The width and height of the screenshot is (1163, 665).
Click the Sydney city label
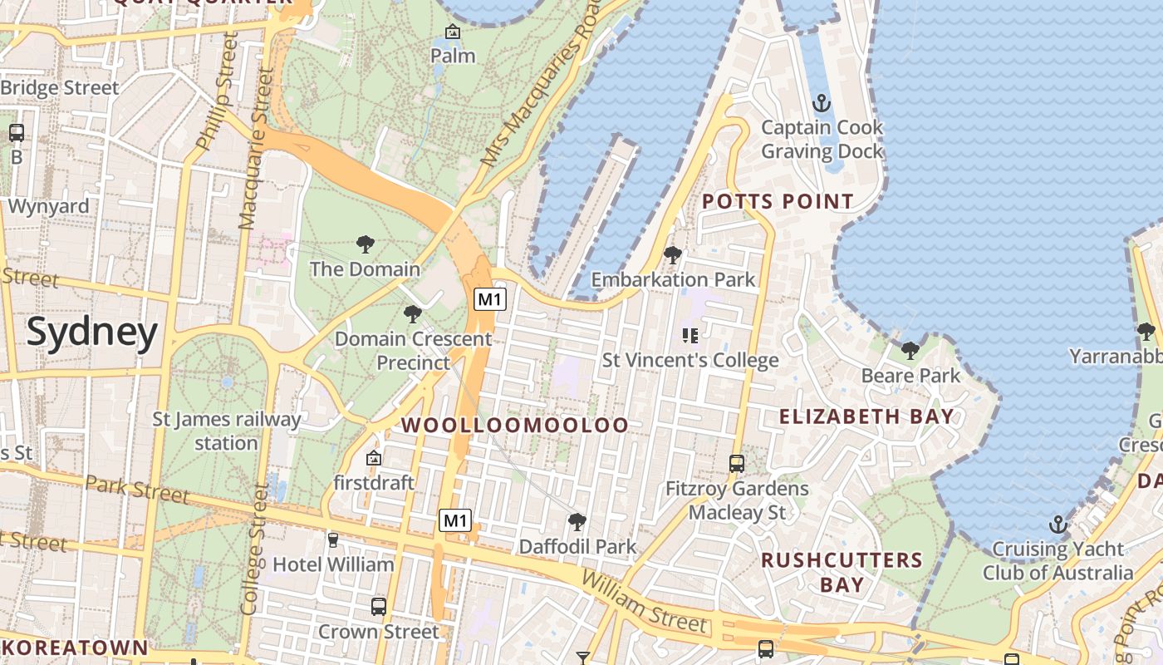pyautogui.click(x=91, y=332)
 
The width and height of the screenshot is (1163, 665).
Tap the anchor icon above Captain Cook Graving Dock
pyautogui.click(x=821, y=104)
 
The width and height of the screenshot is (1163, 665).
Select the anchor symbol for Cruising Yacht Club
pyautogui.click(x=1057, y=525)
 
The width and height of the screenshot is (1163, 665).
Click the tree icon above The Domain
pyautogui.click(x=365, y=244)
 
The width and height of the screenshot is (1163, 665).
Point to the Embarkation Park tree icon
pyautogui.click(x=673, y=255)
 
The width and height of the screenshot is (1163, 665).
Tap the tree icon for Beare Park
pyautogui.click(x=910, y=351)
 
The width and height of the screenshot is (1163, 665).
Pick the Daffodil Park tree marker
pyautogui.click(x=577, y=522)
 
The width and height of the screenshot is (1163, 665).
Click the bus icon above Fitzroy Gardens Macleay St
pyautogui.click(x=737, y=464)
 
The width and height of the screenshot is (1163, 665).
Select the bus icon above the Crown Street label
pyautogui.click(x=379, y=607)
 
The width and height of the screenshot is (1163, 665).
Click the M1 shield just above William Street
pyautogui.click(x=455, y=521)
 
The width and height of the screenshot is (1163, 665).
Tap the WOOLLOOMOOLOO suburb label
pyautogui.click(x=515, y=426)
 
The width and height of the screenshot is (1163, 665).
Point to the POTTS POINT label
pyautogui.click(x=778, y=201)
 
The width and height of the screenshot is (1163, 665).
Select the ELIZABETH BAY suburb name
pyautogui.click(x=866, y=416)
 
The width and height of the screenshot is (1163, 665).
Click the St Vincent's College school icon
pyautogui.click(x=689, y=336)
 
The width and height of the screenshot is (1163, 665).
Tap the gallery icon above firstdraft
pyautogui.click(x=374, y=458)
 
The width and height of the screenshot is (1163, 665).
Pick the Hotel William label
pyautogui.click(x=333, y=564)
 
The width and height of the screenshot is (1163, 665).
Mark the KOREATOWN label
pyautogui.click(x=75, y=648)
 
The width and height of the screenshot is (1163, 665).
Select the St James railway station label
pyautogui.click(x=227, y=431)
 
